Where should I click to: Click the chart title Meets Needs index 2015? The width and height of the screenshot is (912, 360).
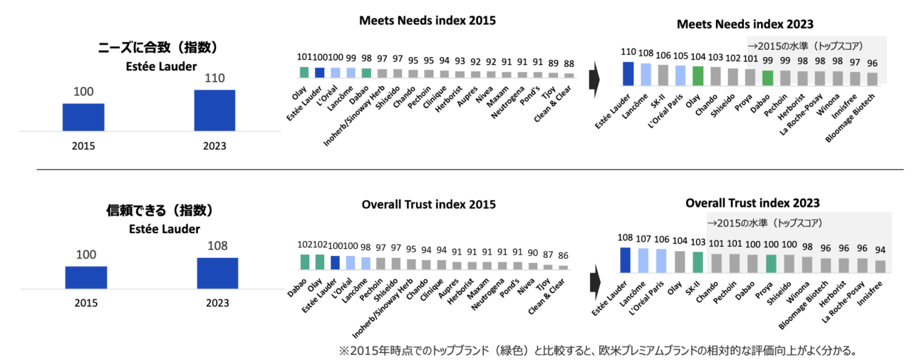tap(427, 21)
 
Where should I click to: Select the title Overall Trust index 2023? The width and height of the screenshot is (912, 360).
tap(752, 202)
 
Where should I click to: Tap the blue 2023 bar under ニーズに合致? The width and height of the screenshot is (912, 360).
tap(214, 110)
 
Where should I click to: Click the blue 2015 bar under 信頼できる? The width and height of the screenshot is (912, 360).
tap(86, 278)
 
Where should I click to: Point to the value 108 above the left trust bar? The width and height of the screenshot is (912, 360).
tap(217, 245)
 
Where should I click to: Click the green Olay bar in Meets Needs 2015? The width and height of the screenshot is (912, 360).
tap(304, 72)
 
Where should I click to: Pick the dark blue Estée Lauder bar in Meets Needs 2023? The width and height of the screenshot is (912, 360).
tap(628, 73)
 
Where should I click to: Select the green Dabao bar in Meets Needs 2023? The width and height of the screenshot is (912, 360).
tap(767, 78)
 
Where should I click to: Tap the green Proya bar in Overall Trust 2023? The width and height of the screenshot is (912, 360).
tap(771, 264)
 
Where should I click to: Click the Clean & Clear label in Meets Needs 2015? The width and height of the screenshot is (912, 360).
tap(552, 104)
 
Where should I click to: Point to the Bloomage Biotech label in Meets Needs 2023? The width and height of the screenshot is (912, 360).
tap(850, 118)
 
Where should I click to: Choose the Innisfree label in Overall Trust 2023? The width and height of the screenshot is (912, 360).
tap(870, 294)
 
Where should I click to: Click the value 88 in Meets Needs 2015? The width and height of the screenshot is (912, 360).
tap(569, 64)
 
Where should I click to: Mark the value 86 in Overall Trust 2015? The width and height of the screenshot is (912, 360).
tap(563, 256)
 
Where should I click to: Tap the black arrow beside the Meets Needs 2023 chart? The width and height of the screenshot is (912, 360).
tap(594, 80)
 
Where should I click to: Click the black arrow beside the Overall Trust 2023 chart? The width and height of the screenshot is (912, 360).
tap(595, 282)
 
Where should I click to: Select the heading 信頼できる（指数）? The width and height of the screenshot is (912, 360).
tap(160, 210)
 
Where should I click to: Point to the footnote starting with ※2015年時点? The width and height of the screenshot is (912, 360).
tap(598, 351)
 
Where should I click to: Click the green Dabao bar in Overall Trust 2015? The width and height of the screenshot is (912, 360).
tap(304, 262)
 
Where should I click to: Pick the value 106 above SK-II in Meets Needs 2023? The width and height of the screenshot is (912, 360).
tap(663, 56)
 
